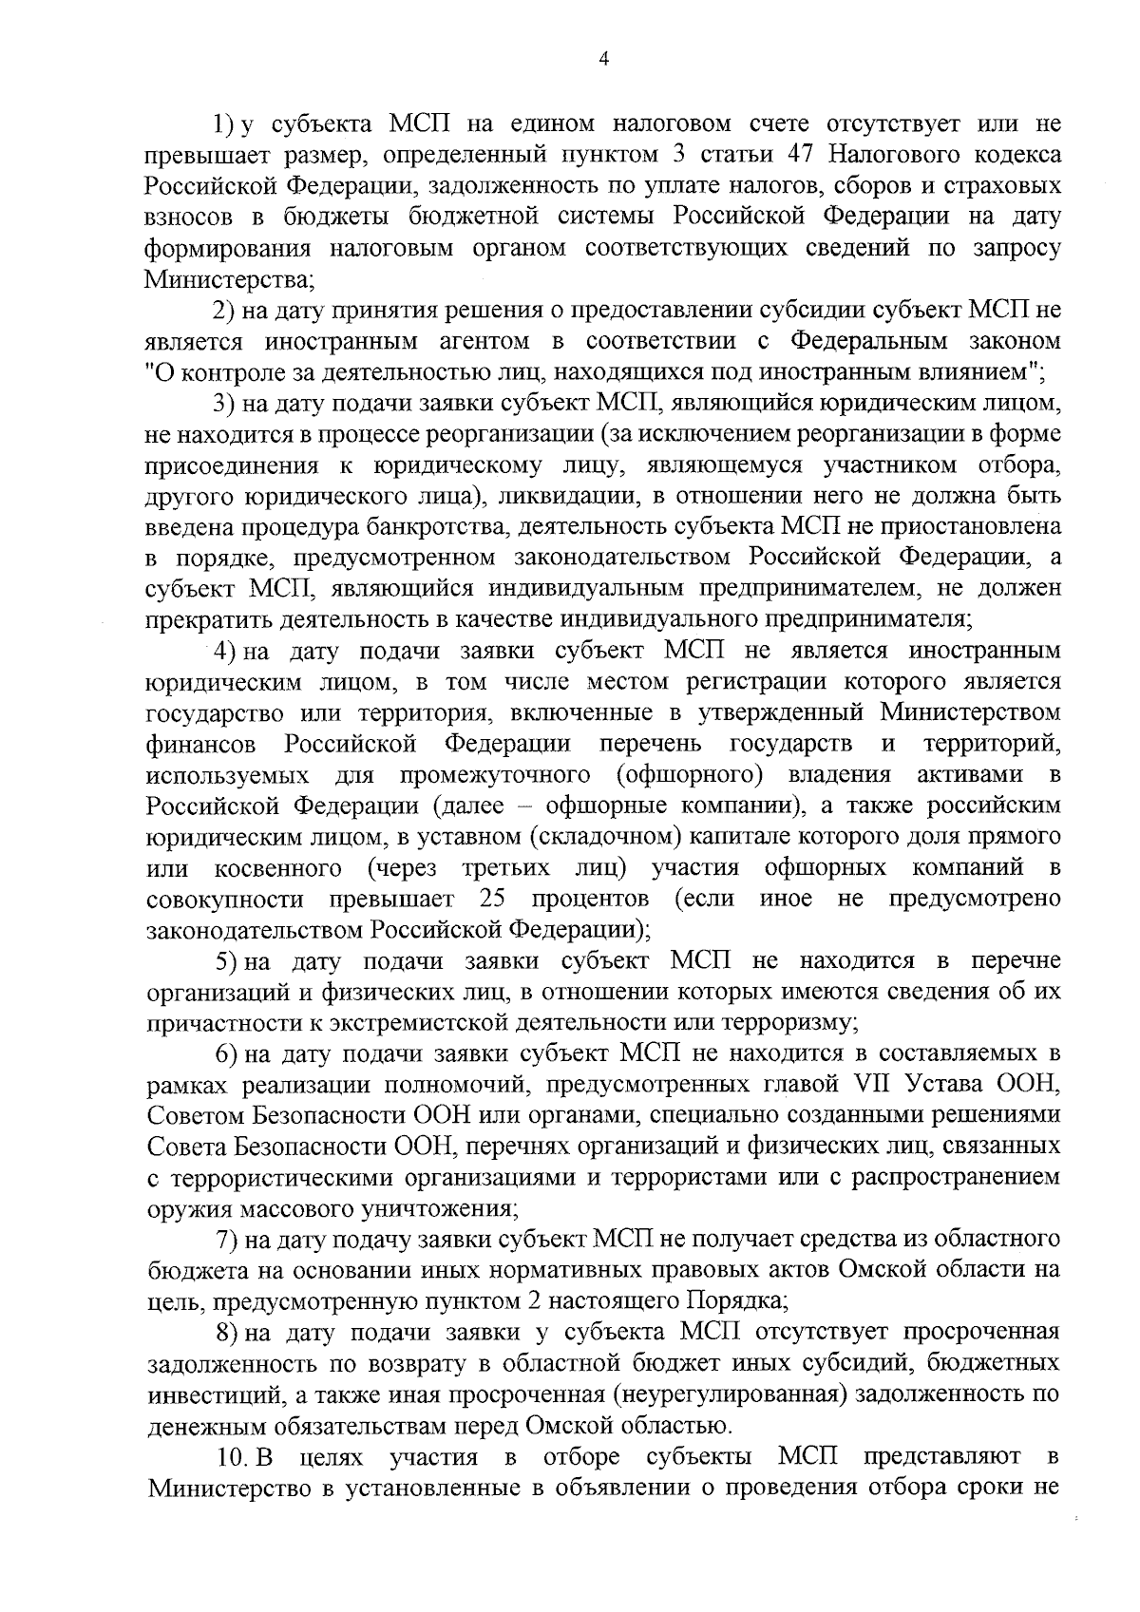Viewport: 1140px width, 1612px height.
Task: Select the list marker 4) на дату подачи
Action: pyautogui.click(x=224, y=651)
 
